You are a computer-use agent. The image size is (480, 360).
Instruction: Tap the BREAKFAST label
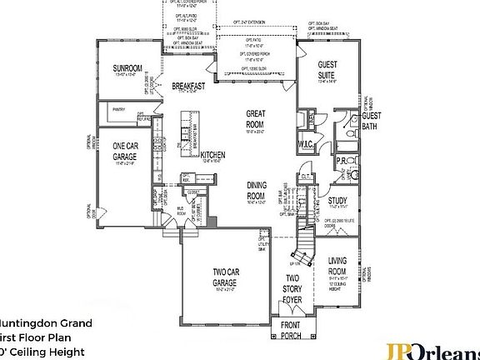pyautogui.click(x=188, y=86)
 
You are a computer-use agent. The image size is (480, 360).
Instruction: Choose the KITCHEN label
pyautogui.click(x=214, y=155)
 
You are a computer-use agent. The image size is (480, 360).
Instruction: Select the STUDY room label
pyautogui.click(x=337, y=201)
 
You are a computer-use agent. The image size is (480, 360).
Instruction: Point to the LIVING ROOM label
pyautogui.click(x=337, y=266)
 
